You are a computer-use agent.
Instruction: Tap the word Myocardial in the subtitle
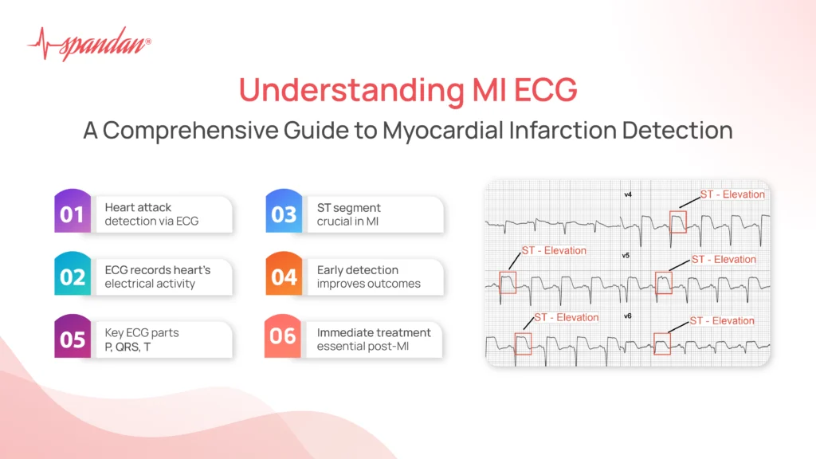coord(476,130)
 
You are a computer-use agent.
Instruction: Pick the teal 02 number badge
coord(72,277)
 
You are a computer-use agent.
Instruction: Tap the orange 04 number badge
coord(284,277)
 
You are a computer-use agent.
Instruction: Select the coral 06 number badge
coord(284,336)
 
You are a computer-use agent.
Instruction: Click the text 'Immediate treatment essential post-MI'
coord(373,339)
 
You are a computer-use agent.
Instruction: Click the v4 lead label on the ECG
coord(628,194)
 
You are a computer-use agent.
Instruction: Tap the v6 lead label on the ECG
coord(628,316)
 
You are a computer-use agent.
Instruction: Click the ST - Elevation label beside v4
coord(732,194)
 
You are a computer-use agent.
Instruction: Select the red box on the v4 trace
coord(677,222)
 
